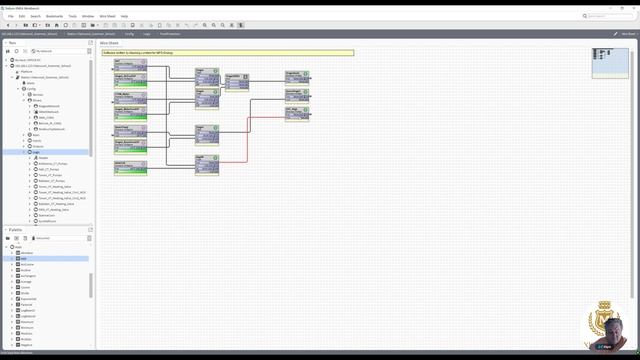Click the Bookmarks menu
[55, 16]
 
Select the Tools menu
[72, 16]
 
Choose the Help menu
[124, 16]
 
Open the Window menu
[88, 16]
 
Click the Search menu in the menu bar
[36, 16]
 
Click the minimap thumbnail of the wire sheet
[610, 62]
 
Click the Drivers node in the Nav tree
[37, 100]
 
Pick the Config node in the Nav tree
[32, 88]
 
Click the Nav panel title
[11, 43]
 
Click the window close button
[633, 4]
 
